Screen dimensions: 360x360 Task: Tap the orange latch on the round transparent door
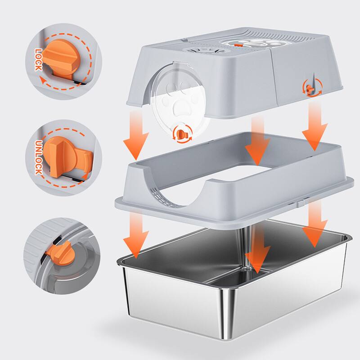[x=182, y=134]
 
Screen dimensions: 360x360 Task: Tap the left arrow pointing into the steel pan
[x=137, y=234]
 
